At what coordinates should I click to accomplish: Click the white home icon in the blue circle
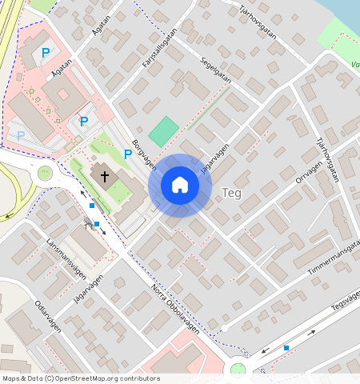(x=180, y=186)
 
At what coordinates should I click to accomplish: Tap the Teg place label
(x=231, y=193)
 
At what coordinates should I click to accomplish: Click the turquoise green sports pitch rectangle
(x=163, y=131)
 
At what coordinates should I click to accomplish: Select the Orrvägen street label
(x=309, y=170)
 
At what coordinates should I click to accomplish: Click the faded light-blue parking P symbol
(x=21, y=136)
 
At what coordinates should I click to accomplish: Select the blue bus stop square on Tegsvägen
(x=286, y=348)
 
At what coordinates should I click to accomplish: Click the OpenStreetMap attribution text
(x=80, y=378)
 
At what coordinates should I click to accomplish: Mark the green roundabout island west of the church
(x=45, y=173)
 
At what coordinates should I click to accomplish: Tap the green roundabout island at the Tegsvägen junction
(x=238, y=370)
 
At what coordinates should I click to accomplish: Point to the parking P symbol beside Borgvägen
(x=127, y=154)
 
